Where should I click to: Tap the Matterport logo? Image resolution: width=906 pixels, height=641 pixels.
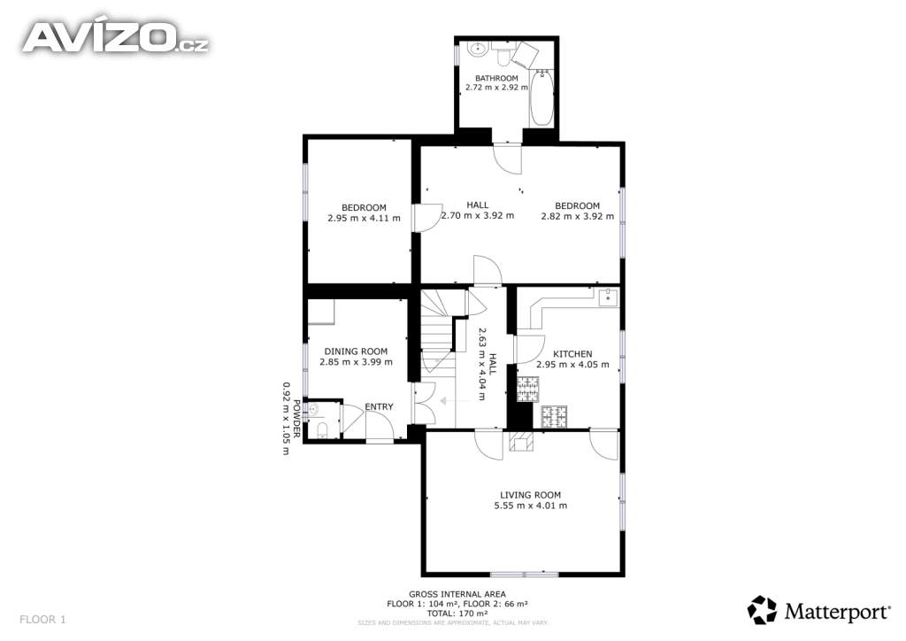point(818,610)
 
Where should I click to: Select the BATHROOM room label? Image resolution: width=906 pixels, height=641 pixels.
point(496,78)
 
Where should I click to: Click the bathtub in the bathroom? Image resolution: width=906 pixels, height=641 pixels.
point(542,97)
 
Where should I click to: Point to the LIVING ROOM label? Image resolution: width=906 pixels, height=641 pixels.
point(531,495)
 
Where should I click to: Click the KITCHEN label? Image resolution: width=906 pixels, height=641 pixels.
point(572,354)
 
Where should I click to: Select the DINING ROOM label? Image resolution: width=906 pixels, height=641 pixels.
point(356,351)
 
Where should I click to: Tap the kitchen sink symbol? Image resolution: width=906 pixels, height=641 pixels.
point(608,297)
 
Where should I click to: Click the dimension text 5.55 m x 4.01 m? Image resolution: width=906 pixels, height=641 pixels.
point(531,506)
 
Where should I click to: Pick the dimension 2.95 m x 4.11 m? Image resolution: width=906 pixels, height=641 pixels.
point(364,219)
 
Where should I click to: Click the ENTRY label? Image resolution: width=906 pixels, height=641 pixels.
point(379,407)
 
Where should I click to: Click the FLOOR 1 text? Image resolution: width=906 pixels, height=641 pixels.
point(42,620)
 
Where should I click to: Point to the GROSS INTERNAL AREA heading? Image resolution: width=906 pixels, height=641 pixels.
point(457,594)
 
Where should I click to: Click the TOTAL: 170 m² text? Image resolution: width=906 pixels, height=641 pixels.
point(457,614)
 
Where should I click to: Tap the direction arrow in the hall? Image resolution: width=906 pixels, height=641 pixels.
point(456,400)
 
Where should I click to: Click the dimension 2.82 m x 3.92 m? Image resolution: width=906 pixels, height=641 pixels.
point(577,217)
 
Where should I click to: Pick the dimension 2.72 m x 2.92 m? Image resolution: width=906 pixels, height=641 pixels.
point(496,88)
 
